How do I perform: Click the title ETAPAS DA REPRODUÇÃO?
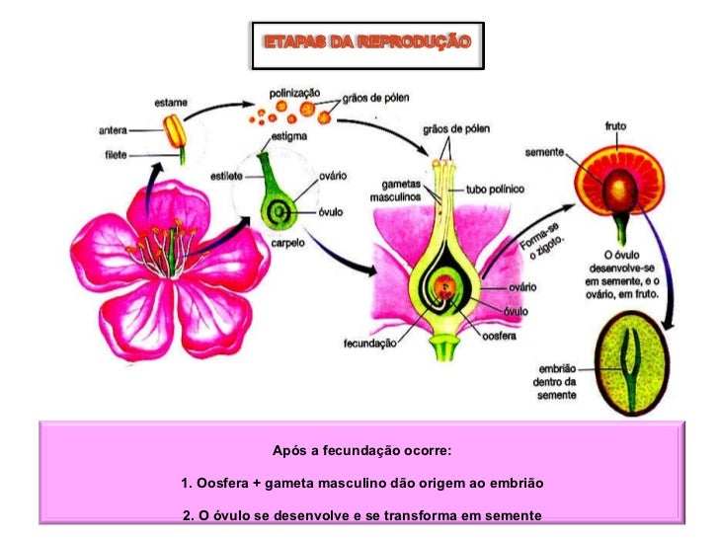[367, 42]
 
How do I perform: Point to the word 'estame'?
[171, 102]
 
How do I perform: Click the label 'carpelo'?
[285, 241]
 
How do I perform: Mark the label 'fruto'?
[614, 126]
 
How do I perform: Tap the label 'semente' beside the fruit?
[545, 152]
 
